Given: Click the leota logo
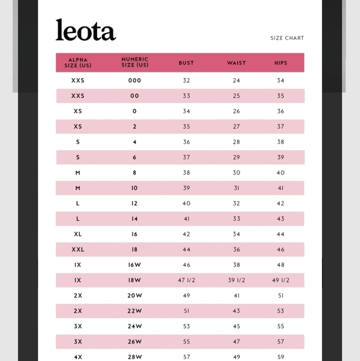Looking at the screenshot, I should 85,30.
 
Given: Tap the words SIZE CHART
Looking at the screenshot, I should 287,39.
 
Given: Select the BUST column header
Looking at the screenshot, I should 186,63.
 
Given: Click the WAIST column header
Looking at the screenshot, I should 236,63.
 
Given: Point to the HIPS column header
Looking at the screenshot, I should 280,63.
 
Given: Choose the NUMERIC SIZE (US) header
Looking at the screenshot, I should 135,62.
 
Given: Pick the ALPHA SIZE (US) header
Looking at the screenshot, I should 78,62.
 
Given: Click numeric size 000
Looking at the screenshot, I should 135,80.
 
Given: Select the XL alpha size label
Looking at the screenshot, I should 78,234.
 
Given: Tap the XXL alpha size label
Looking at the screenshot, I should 78,250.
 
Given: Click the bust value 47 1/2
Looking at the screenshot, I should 187,281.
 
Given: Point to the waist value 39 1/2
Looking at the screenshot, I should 236,281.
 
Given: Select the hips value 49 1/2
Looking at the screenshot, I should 280,281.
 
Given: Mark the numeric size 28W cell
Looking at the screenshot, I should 135,357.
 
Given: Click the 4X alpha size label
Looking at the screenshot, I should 78,357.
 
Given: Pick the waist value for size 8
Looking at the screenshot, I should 236,172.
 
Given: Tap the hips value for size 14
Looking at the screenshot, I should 280,219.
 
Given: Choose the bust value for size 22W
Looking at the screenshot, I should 187,311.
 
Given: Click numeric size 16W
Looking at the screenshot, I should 135,265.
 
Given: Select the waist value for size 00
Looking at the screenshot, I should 236,96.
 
